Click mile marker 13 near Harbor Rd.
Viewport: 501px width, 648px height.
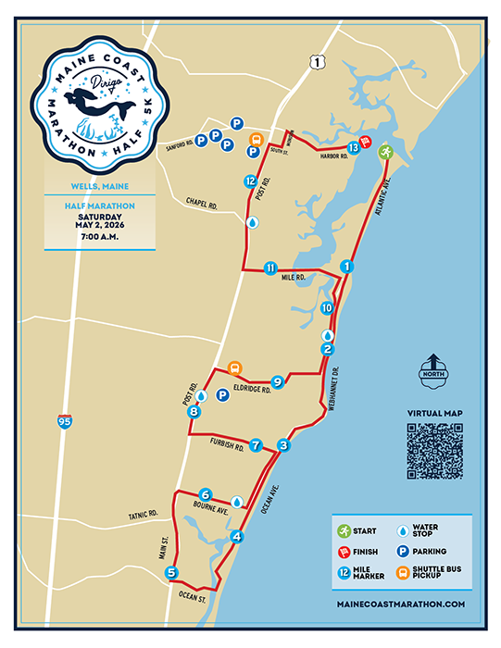point(353,147)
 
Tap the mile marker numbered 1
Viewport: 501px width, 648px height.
point(346,266)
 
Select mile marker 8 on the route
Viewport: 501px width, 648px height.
point(193,412)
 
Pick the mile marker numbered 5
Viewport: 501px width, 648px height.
point(171,573)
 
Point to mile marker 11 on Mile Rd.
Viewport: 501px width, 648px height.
point(269,268)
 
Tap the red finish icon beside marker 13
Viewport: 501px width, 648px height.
point(367,143)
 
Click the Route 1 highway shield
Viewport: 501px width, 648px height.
point(318,61)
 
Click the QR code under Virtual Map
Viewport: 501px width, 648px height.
point(434,451)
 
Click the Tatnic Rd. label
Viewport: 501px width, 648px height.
point(140,513)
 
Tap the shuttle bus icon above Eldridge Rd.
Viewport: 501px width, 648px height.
point(234,367)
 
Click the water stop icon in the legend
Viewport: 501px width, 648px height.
point(403,530)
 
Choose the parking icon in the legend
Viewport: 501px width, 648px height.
point(403,551)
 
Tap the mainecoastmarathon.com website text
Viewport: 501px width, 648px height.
point(402,604)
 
